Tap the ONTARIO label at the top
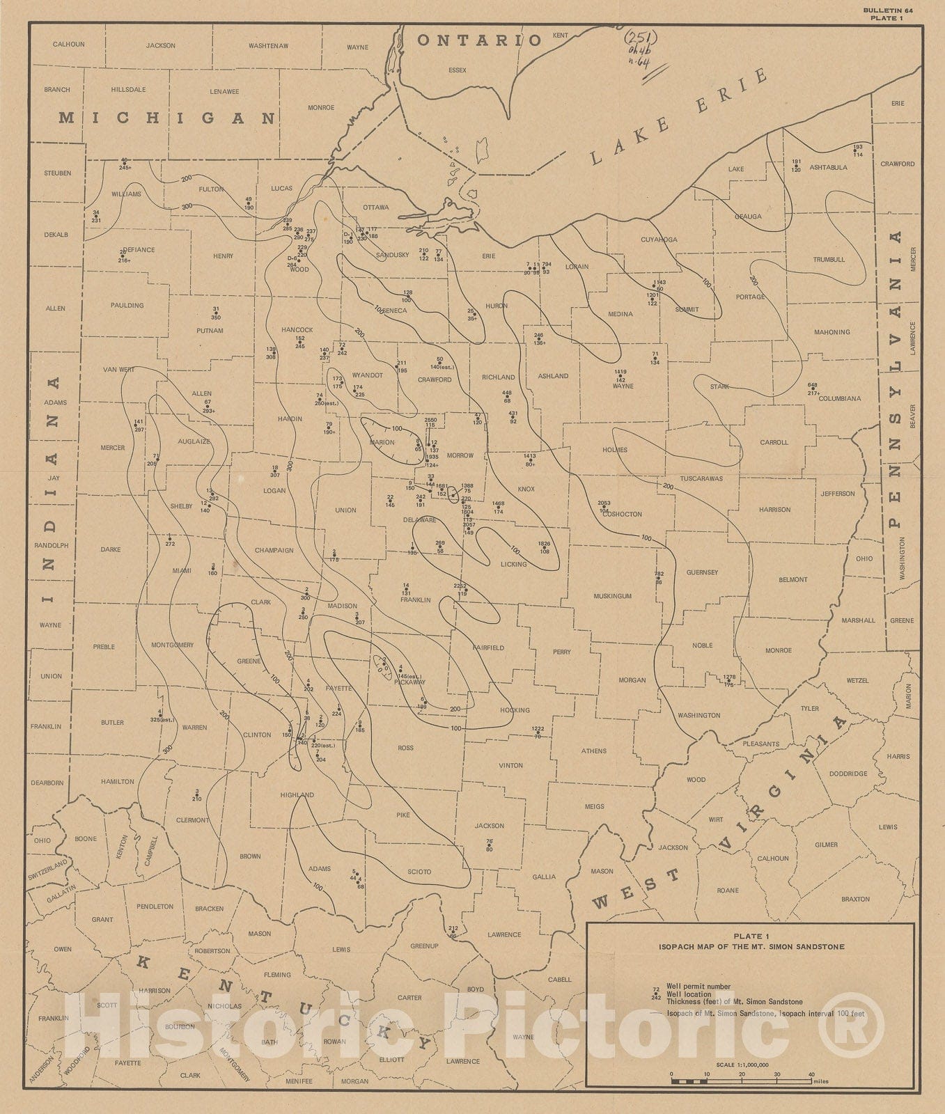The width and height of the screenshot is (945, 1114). coord(479,40)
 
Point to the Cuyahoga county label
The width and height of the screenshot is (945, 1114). coord(659,240)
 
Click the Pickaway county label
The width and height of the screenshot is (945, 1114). coord(409,682)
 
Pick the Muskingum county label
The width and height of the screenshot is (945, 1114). coord(613,596)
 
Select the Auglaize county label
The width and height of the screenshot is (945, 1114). coord(194,441)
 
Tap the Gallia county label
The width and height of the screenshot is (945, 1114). coord(545,877)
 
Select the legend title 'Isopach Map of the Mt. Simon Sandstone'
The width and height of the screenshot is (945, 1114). coord(751,946)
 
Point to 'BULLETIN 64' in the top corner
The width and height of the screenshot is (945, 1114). coord(884,10)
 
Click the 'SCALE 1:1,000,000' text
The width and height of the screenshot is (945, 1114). coord(742,1065)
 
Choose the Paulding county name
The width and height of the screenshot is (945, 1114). coord(127,305)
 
